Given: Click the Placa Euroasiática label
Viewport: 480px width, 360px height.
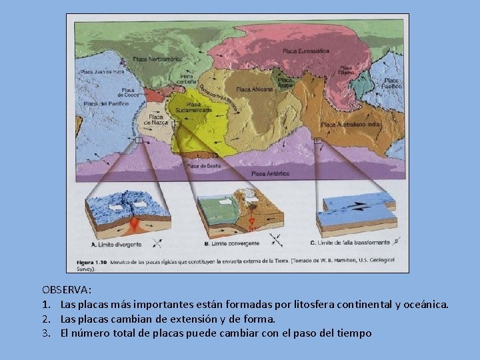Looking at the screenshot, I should click(306, 51).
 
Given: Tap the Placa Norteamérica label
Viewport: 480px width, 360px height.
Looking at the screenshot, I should click(157, 59).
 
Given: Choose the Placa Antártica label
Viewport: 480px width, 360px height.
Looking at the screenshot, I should click(270, 173).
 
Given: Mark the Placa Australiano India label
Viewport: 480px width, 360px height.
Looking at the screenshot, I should click(351, 125).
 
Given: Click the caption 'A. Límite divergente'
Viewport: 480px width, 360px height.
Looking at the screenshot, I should click(117, 245).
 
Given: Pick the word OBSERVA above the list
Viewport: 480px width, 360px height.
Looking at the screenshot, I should click(67, 290).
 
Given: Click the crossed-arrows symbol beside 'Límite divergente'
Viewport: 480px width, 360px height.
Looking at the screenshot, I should click(158, 243).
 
